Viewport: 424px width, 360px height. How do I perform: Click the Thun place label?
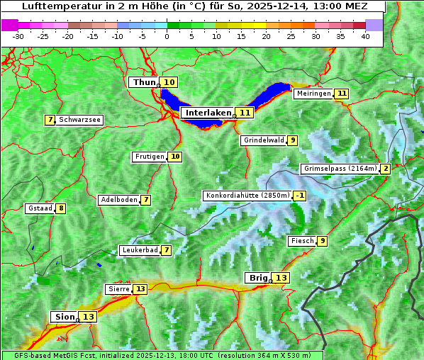[144, 83]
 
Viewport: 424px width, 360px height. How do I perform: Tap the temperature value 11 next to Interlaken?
[245, 113]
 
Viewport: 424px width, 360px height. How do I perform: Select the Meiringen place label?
[313, 94]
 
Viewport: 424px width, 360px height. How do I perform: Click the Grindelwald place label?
[264, 140]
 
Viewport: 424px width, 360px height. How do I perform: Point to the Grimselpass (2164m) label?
[340, 169]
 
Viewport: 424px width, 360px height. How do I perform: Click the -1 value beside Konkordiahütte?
[301, 196]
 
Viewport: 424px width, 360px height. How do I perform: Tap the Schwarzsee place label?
[79, 120]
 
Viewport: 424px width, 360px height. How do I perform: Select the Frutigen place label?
[150, 157]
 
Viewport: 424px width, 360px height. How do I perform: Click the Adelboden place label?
[118, 200]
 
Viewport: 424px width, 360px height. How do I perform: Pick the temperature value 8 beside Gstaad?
[61, 208]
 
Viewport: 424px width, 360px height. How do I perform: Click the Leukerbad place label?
[139, 250]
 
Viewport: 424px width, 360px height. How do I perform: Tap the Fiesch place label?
[302, 241]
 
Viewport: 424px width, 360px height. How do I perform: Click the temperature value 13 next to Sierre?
[140, 289]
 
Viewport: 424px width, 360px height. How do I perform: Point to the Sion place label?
[63, 317]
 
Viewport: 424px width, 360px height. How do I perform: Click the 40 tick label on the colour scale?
[365, 36]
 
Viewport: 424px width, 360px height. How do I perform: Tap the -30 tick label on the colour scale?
[18, 36]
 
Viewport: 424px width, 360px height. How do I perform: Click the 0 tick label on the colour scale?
[167, 36]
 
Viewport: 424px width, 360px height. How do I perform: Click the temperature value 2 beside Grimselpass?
[385, 169]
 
